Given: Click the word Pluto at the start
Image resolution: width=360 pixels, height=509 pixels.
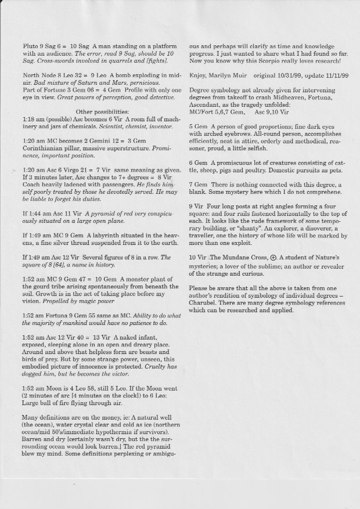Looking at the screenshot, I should pos(31,44).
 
